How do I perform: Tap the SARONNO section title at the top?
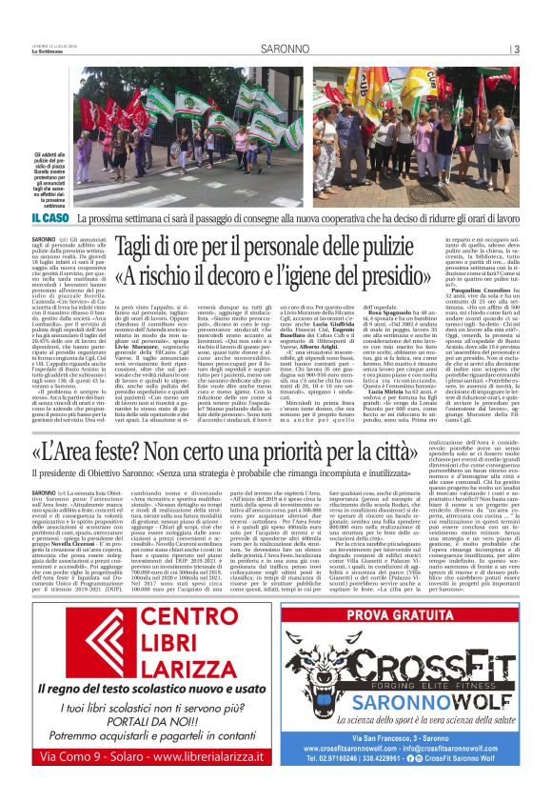pos(276,50)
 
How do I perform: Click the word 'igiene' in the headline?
pos(384,276)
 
